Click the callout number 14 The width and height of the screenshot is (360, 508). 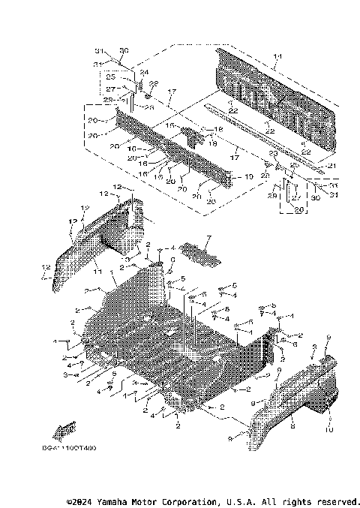pos(277,57)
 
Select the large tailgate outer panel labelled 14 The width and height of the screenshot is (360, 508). pos(262,105)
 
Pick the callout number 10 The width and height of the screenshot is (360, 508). pos(328,430)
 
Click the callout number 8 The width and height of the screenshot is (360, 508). pos(292,425)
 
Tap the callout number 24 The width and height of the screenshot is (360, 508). pos(143,73)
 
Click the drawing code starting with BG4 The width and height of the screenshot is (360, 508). pos(64,448)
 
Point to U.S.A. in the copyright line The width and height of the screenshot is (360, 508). pos(241,501)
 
